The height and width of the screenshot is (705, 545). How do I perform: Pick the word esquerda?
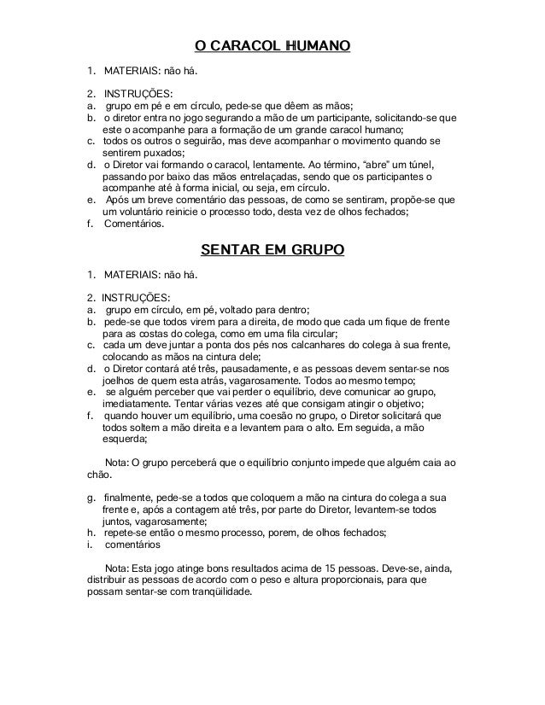click(x=125, y=441)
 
